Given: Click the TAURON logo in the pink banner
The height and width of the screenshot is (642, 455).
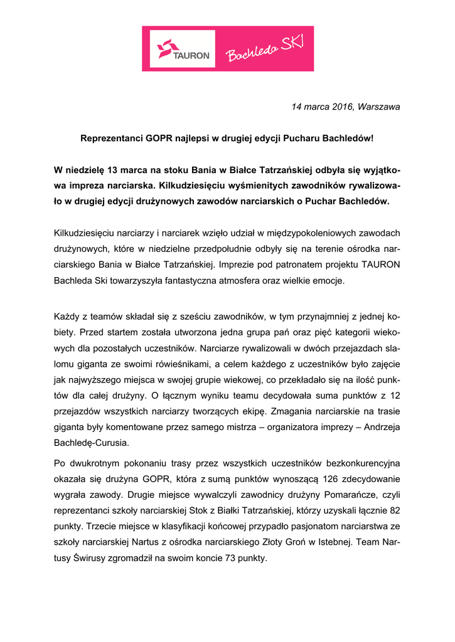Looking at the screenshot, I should click(183, 48).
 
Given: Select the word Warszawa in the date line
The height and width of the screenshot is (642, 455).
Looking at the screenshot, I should click(378, 107).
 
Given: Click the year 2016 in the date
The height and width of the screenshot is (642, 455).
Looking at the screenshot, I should click(340, 107).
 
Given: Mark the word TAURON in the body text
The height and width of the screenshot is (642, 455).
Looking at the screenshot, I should click(378, 265).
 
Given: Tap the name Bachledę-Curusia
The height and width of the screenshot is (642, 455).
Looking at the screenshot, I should click(92, 443).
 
